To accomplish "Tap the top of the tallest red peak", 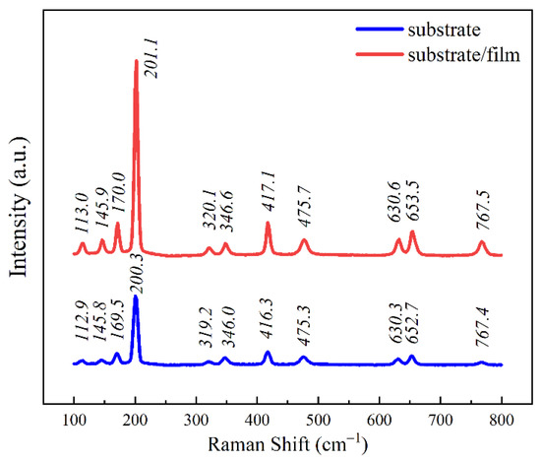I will coord(136,61).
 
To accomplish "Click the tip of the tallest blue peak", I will coord(136,296).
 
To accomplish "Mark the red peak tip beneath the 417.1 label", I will coord(268,223).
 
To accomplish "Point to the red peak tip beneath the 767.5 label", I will coord(482,241).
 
